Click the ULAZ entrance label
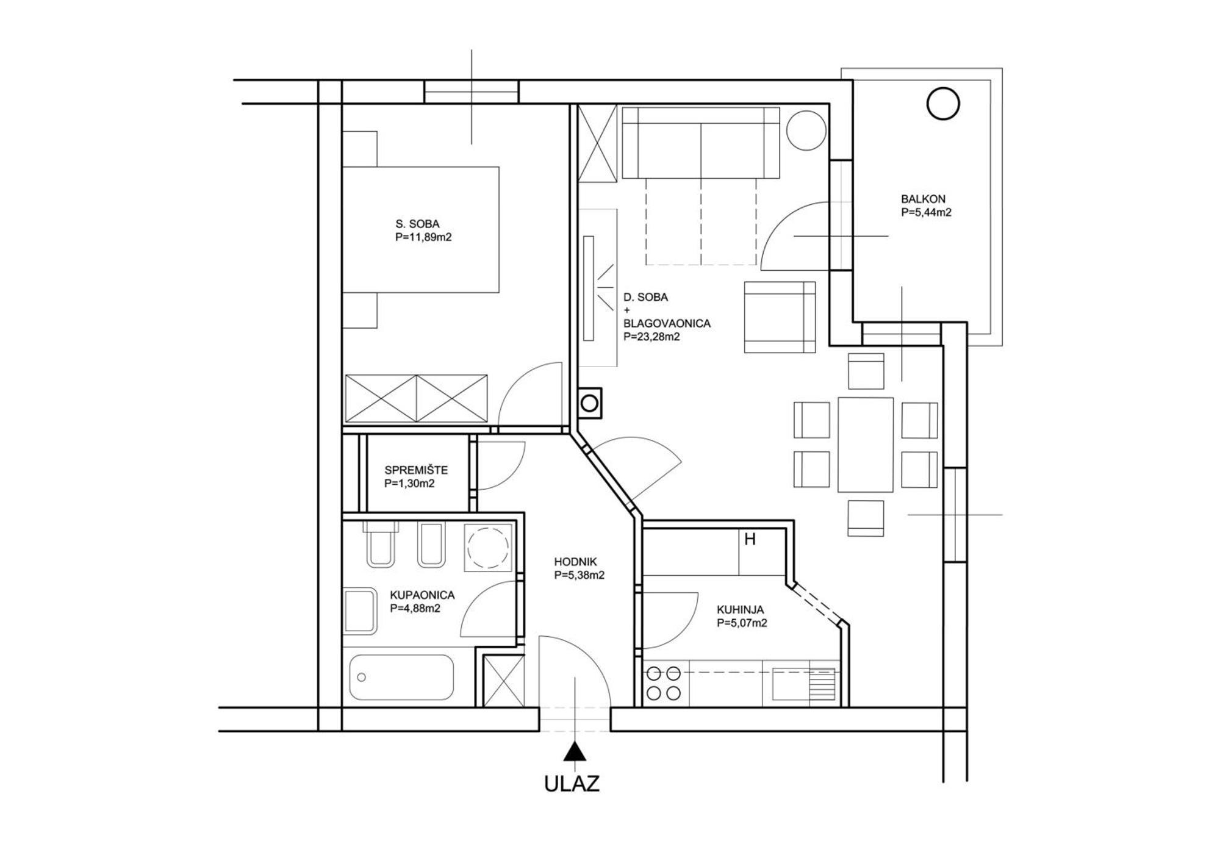[572, 784]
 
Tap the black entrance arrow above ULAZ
[574, 753]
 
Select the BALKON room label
[923, 199]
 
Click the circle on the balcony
[943, 104]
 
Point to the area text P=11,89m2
[423, 237]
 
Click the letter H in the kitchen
[750, 539]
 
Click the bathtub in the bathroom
[401, 677]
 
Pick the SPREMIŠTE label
[416, 470]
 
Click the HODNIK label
[575, 562]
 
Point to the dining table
[866, 445]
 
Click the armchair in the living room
[780, 317]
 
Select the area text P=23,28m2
[651, 336]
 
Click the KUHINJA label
[740, 609]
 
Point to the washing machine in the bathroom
[488, 547]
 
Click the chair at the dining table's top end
[866, 371]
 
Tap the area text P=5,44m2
[926, 212]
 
